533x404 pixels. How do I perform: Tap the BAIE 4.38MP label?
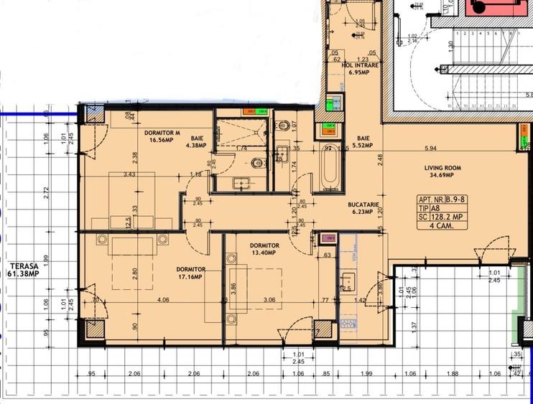196,141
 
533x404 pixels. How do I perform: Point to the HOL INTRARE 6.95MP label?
360,68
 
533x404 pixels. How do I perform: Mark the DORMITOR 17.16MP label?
191,273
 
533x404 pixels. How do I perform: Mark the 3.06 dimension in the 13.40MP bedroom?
269,300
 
